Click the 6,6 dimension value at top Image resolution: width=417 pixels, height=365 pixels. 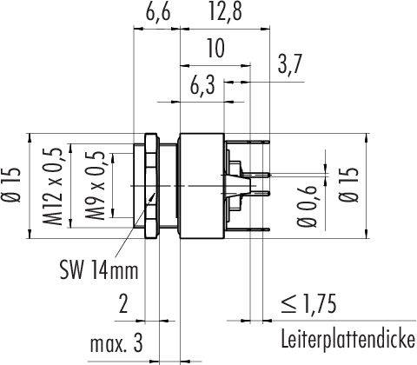point(157,11)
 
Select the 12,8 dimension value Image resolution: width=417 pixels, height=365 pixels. point(225,11)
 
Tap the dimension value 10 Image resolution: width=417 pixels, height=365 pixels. point(215,48)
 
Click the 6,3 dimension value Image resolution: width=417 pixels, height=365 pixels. point(202,86)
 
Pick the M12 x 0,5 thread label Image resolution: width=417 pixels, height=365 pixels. point(53,186)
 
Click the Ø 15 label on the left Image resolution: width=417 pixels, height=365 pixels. point(14,185)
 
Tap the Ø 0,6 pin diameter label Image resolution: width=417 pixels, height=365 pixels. point(307,207)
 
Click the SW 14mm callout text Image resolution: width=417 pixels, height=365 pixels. point(99,270)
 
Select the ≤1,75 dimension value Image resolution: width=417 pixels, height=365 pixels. point(308,304)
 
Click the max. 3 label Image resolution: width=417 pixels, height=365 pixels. point(116,344)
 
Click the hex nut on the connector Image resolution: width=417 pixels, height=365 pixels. point(152,186)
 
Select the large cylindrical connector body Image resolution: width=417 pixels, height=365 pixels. point(202,186)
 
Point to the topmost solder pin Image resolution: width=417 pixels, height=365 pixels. point(248,142)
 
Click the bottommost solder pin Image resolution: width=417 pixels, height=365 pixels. point(248,229)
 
